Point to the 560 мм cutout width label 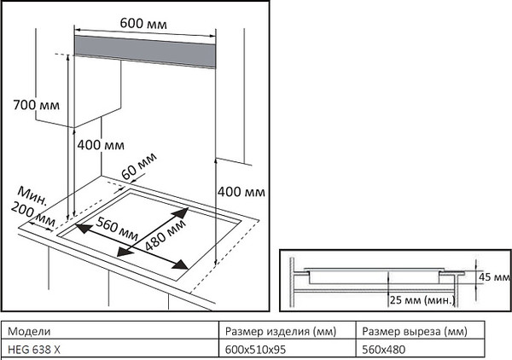point(118,228)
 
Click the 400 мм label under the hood point(101,145)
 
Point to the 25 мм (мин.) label point(422,300)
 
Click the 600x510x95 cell point(255,348)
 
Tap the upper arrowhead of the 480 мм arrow point(185,209)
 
